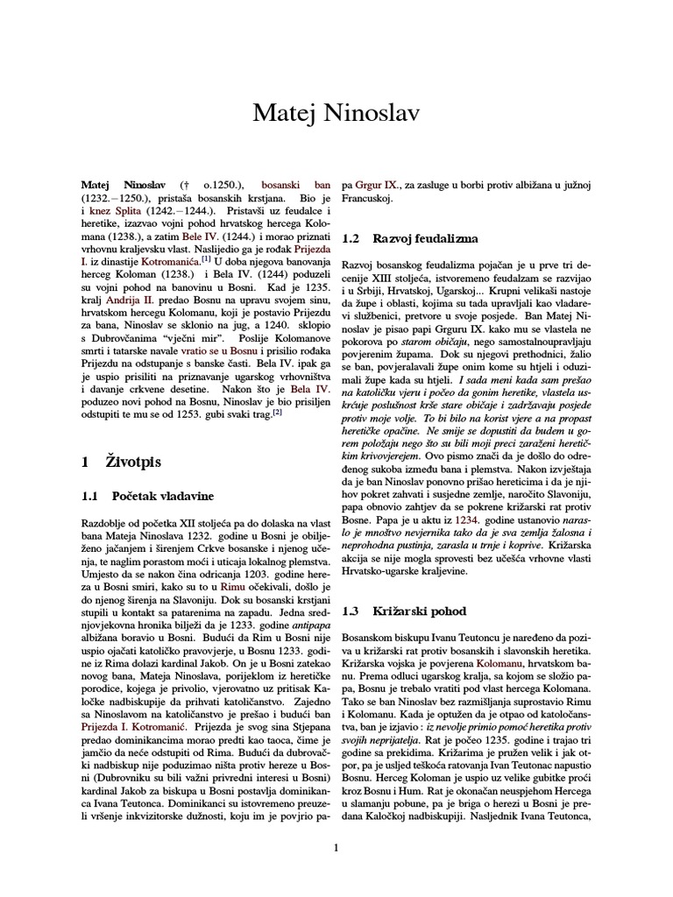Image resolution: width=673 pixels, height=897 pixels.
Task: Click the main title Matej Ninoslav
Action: click(336, 113)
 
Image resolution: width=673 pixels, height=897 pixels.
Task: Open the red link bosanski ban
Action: click(298, 187)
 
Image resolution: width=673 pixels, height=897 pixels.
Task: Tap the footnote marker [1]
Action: click(206, 258)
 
